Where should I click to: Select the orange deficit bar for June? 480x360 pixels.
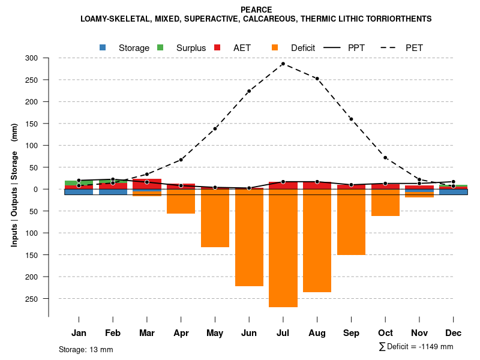click(x=249, y=238)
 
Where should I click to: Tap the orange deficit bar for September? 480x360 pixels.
click(x=351, y=222)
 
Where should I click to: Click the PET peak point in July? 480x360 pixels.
click(x=283, y=64)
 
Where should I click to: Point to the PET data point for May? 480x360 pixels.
click(x=215, y=128)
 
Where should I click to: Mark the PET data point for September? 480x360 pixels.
click(x=351, y=119)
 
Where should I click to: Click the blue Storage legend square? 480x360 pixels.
click(x=103, y=47)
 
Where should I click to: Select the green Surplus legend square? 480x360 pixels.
click(x=160, y=47)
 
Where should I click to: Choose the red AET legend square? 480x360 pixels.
click(x=217, y=47)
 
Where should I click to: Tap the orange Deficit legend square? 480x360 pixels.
click(x=275, y=47)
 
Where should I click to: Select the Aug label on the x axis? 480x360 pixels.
click(x=317, y=333)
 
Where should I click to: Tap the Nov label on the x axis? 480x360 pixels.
click(x=419, y=333)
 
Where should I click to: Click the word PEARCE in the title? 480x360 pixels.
click(x=256, y=10)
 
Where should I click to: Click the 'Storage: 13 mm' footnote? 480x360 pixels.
click(x=86, y=349)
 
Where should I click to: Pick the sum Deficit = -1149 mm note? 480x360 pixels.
click(x=416, y=346)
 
